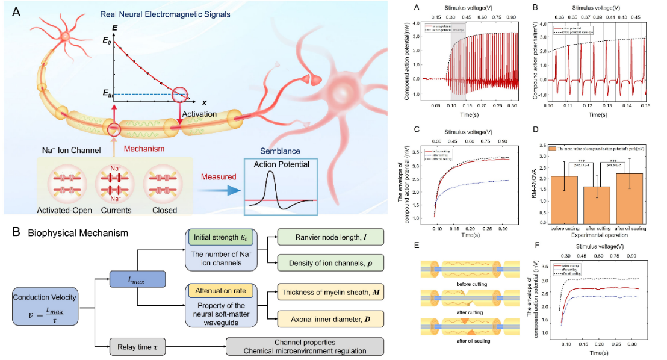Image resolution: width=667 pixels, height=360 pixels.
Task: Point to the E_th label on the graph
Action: pyautogui.click(x=108, y=94)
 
